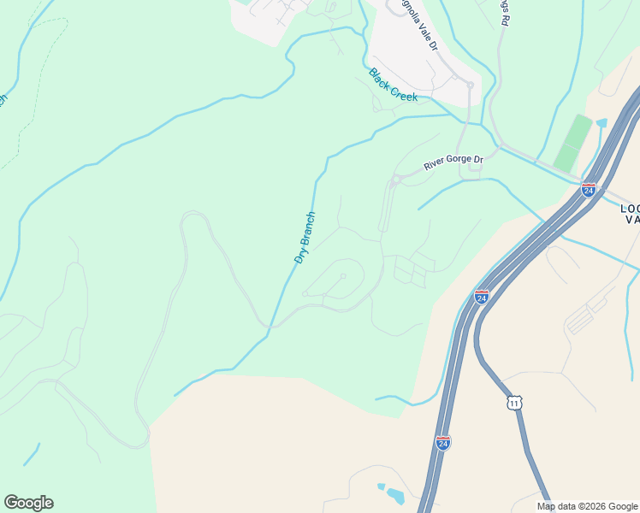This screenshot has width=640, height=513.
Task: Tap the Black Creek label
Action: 393,85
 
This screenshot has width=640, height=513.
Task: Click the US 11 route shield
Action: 513,402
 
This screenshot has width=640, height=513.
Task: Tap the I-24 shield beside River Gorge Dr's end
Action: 589,189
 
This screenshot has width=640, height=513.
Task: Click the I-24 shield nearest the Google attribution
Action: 442,443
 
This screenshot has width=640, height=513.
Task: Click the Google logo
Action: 28,503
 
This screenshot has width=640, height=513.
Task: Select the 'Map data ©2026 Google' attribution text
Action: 587,506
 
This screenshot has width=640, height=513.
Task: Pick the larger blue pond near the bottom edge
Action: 394,495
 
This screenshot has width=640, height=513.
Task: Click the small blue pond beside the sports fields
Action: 601,123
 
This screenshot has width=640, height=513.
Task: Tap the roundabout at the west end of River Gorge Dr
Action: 394,182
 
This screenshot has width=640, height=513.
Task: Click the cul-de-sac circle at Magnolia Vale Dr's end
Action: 469,84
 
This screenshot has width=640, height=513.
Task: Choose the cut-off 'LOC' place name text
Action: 630,208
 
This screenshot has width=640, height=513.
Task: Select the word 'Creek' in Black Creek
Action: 404,92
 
